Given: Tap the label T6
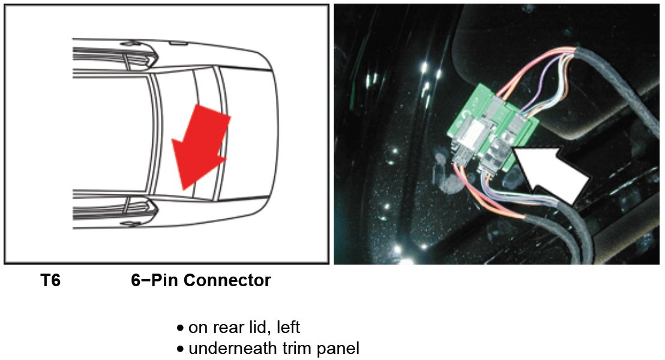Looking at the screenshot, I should pos(50,280).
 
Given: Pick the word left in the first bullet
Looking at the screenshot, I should pos(287,328).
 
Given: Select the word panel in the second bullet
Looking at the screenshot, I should pos(338,348).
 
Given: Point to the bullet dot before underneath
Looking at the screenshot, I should pos(180,349).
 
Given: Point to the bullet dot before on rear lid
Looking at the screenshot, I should pos(180,328).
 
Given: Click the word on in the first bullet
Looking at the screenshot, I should pos(197,328).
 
